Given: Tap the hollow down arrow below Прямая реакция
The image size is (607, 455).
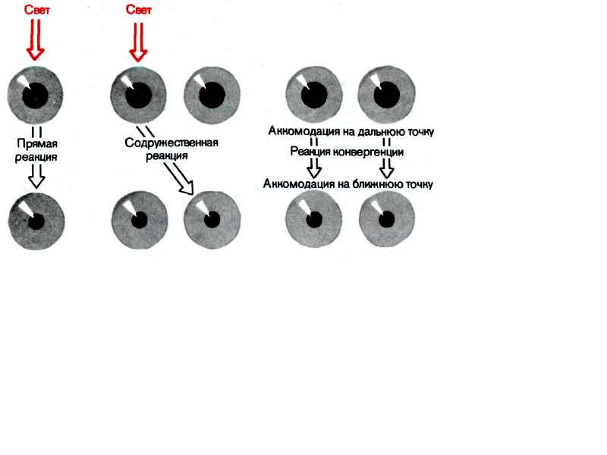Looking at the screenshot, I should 35,176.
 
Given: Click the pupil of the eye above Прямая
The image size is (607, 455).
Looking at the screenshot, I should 34,95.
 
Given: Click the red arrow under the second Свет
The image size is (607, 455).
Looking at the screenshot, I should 138,42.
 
